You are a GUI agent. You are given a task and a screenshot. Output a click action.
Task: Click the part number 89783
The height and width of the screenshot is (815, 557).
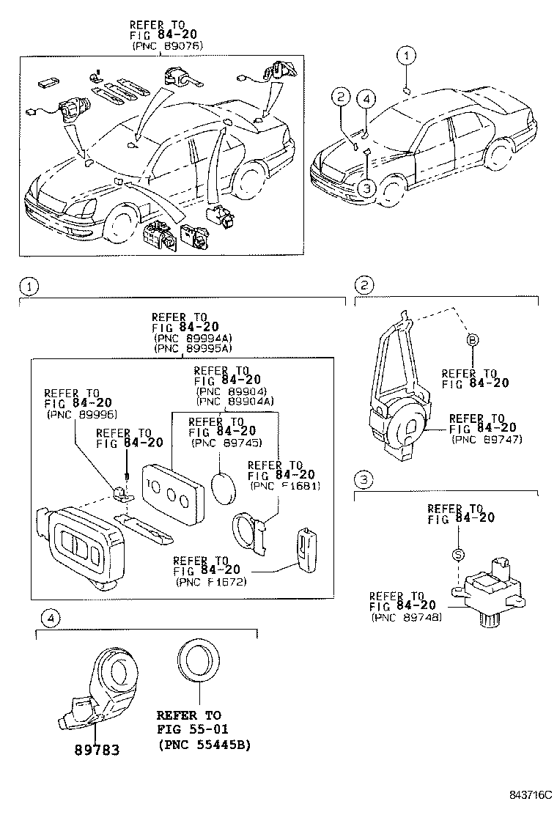pos(95,750)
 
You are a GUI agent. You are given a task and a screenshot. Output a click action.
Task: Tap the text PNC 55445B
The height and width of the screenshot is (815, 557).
pos(204,745)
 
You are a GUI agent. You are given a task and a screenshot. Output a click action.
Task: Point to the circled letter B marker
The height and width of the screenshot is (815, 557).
pos(472,340)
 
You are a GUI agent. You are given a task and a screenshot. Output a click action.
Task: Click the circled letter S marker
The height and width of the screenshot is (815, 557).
pos(457,555)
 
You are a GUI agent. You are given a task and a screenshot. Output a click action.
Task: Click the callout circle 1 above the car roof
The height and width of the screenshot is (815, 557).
pos(407,54)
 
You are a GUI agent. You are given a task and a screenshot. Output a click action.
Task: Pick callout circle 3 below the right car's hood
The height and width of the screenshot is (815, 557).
pos(366,188)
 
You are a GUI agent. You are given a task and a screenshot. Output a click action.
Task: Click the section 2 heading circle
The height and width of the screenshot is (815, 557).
pos(364,284)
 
